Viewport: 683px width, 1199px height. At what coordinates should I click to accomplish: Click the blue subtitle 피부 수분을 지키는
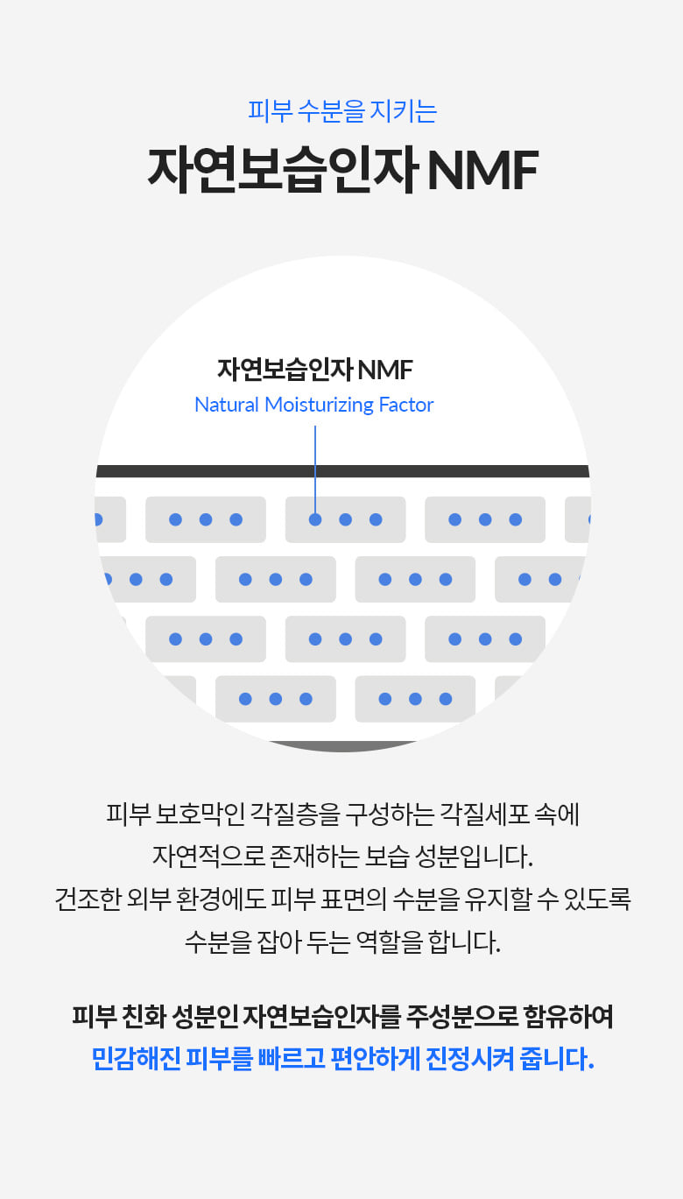click(x=341, y=112)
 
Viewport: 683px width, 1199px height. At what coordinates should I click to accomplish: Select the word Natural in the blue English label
click(x=227, y=405)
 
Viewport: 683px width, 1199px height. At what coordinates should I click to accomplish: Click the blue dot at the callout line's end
click(x=315, y=519)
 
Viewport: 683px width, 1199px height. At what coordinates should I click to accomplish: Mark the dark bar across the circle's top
click(x=341, y=471)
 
